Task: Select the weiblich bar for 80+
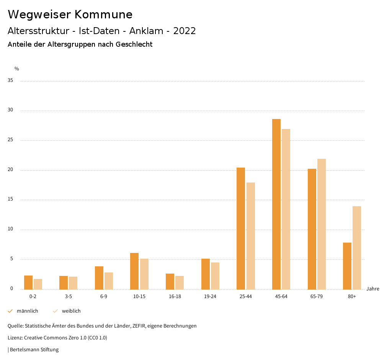pyautogui.click(x=357, y=248)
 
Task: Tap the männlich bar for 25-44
pyautogui.click(x=241, y=228)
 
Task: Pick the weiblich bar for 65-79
pyautogui.click(x=322, y=224)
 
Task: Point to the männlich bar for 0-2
pyautogui.click(x=28, y=282)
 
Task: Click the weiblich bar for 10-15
pyautogui.click(x=144, y=274)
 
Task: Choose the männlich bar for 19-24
pyautogui.click(x=206, y=274)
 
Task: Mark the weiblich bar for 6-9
pyautogui.click(x=109, y=281)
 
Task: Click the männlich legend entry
pyautogui.click(x=27, y=311)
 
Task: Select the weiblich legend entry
pyautogui.click(x=71, y=311)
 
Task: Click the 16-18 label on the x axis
pyautogui.click(x=175, y=297)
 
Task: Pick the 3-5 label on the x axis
pyautogui.click(x=68, y=297)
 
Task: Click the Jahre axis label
pyautogui.click(x=373, y=289)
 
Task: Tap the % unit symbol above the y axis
pyautogui.click(x=17, y=69)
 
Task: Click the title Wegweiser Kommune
pyautogui.click(x=70, y=15)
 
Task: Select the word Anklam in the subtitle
pyautogui.click(x=145, y=31)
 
